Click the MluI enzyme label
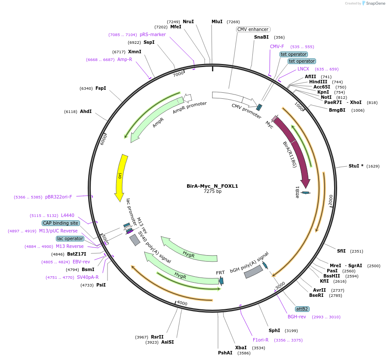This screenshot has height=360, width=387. click(x=217, y=21)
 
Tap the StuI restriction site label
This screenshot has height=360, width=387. click(x=356, y=166)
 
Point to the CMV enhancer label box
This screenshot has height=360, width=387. click(x=253, y=29)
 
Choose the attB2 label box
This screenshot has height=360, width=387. click(x=302, y=309)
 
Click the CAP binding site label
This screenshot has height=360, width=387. click(x=61, y=223)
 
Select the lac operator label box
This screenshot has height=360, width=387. click(x=70, y=238)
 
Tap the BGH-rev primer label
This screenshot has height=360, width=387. click(x=297, y=317)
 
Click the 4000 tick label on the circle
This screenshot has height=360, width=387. click(x=182, y=303)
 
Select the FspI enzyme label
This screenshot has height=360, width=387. click(x=101, y=88)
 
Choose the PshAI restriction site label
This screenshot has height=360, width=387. click(x=225, y=353)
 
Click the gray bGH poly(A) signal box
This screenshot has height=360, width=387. click(x=253, y=272)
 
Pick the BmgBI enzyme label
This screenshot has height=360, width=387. click(x=337, y=110)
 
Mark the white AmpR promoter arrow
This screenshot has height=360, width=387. click(x=187, y=98)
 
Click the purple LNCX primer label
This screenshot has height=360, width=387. click(x=303, y=69)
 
